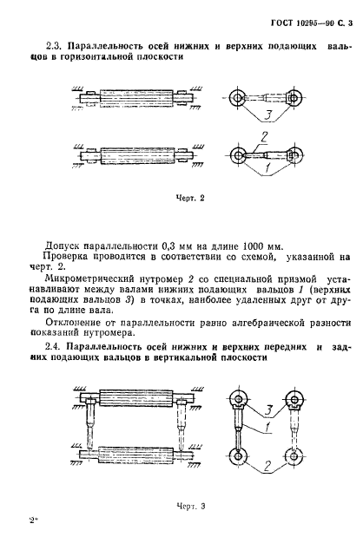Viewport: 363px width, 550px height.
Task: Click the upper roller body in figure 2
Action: (x=139, y=98)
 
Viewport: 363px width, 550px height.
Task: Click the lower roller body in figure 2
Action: (x=139, y=159)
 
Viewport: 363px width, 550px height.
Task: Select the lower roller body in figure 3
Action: (x=139, y=452)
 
